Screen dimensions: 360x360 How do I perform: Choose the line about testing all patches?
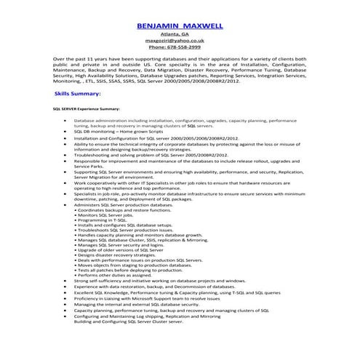(x=123, y=270)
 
